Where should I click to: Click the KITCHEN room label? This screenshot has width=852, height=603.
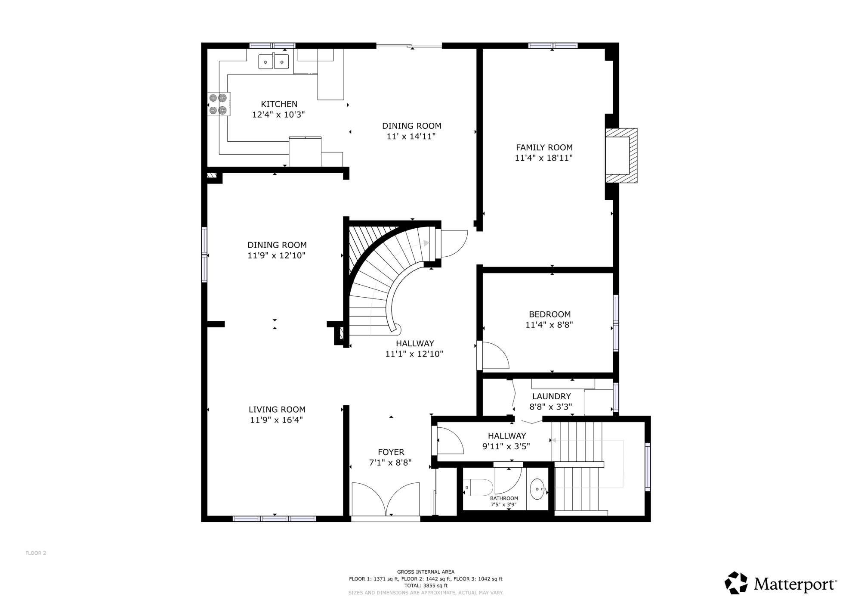tap(279, 104)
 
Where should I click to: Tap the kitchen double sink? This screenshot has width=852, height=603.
tap(273, 62)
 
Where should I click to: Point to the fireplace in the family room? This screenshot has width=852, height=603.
tap(621, 155)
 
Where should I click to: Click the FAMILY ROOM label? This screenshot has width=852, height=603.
tap(544, 147)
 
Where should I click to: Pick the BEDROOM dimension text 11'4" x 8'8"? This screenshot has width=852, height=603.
tap(549, 325)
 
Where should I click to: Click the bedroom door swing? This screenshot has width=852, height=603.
tap(495, 355)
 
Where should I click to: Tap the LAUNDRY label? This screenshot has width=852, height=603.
tap(551, 396)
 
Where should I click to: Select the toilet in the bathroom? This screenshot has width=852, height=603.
tap(478, 488)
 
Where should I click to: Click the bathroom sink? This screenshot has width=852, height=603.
tap(537, 489)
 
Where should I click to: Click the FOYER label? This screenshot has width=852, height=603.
tap(391, 452)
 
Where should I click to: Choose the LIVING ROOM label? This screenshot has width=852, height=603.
tap(277, 410)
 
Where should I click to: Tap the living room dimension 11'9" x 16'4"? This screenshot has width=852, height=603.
tap(277, 420)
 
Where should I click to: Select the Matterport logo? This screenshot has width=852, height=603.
tap(781, 583)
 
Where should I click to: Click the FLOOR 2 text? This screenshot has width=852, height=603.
tap(36, 553)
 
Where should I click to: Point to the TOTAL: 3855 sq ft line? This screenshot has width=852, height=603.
tap(426, 586)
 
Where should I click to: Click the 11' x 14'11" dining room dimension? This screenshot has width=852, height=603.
tap(411, 137)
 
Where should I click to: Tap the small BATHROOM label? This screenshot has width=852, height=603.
tap(504, 498)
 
